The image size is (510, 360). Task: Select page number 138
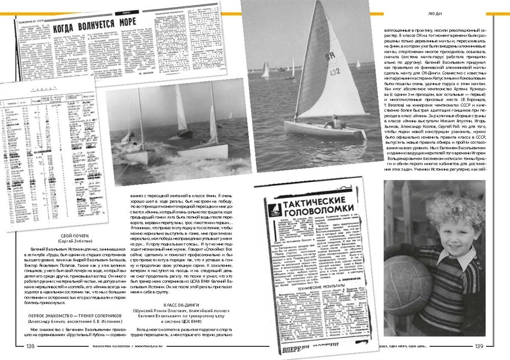tap(30, 346)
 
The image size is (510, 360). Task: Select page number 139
tap(493, 346)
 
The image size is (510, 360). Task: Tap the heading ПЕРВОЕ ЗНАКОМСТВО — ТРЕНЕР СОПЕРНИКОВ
tap(67, 323)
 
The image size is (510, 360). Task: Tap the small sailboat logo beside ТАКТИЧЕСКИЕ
tap(272, 207)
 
